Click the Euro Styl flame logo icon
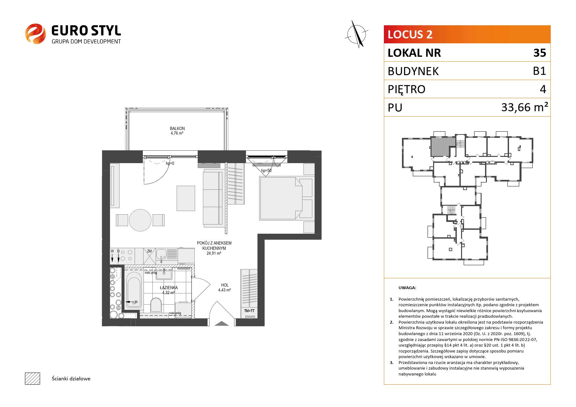coord(35,33)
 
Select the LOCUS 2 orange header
coord(467,34)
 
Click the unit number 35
coord(540,53)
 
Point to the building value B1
coord(540,71)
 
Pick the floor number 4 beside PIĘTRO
coord(543,89)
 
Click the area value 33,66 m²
coord(524,107)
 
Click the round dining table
coord(140,220)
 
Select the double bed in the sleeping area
coord(281,198)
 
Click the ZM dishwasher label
coord(149,251)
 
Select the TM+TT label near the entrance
coord(250,311)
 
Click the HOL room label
coord(225,285)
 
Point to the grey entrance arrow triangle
coord(222,323)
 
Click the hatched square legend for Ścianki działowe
coord(33,378)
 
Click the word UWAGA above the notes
coord(407,288)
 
